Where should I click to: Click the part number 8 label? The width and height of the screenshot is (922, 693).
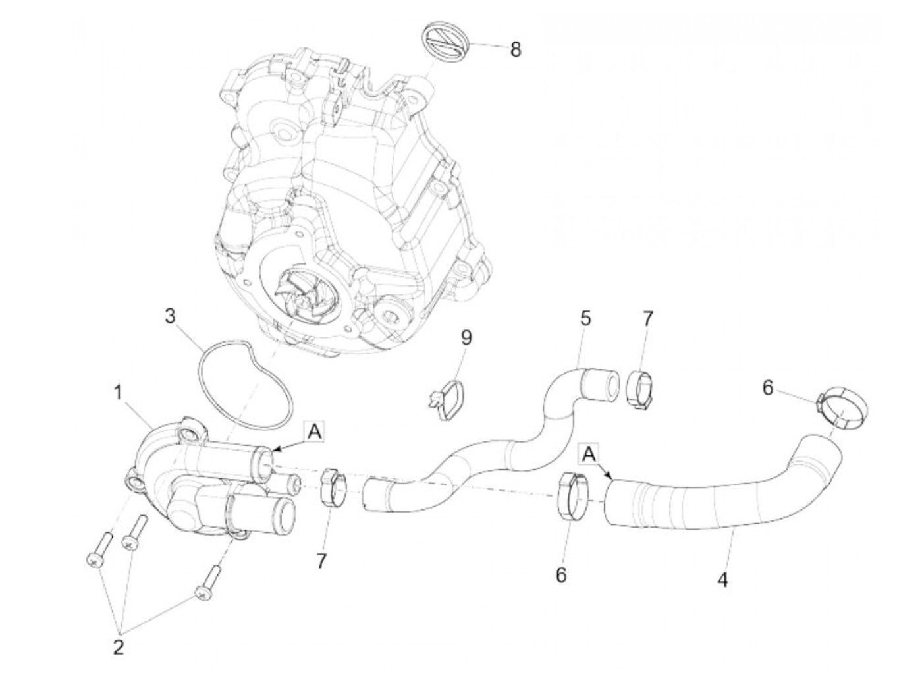(x=516, y=49)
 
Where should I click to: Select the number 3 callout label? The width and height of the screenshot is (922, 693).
(x=170, y=316)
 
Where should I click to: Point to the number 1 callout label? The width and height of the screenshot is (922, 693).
(x=118, y=393)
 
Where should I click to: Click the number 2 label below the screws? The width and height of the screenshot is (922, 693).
(x=119, y=648)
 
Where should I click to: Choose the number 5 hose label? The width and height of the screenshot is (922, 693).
(x=585, y=318)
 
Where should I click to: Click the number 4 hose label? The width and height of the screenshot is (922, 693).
(x=723, y=581)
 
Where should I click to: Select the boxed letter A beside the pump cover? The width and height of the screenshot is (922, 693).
(x=315, y=431)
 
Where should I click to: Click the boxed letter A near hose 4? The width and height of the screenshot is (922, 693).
(x=589, y=453)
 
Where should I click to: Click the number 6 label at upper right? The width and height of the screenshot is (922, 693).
(x=768, y=388)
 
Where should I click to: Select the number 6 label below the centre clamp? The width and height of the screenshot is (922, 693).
(x=561, y=574)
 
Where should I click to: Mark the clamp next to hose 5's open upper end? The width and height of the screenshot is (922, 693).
(x=639, y=389)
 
